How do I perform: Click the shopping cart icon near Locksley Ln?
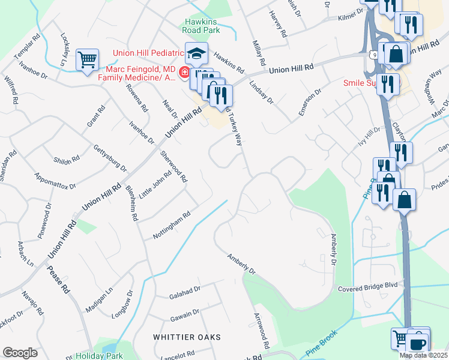tap(88, 60)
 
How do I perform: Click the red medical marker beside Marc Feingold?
tap(184, 74)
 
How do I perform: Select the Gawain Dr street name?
tap(183, 314)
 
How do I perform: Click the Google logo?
tap(20, 353)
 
